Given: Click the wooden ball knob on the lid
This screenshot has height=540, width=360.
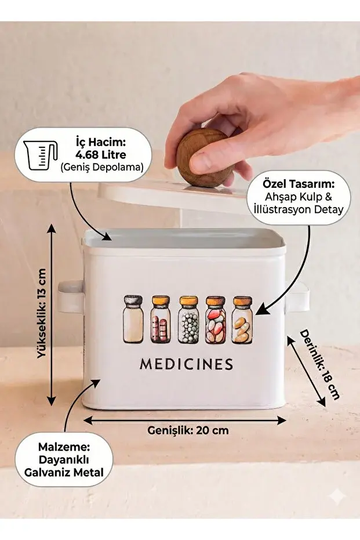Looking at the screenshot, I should point(204,158).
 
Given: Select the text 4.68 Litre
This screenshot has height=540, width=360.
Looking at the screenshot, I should point(101,155).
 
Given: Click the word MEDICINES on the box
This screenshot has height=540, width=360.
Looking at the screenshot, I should point(186,364).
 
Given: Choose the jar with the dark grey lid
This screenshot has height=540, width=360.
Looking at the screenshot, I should point(133,320).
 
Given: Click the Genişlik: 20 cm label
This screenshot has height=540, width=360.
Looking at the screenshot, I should point(188,430).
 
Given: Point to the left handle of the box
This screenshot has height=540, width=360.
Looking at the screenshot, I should point(70,296).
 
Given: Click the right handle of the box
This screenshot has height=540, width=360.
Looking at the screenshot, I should point(298,299).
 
